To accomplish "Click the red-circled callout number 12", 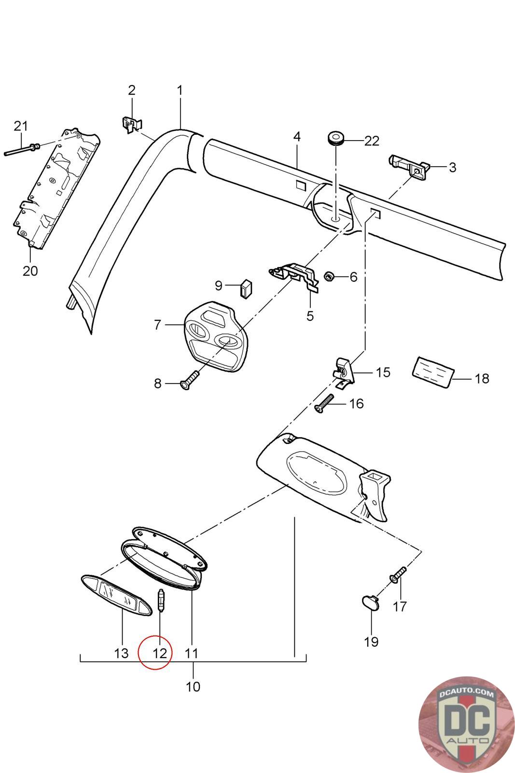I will [x=159, y=654].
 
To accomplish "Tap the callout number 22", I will [x=372, y=141].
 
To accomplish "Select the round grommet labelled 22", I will [x=335, y=138].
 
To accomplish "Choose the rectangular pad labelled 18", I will [x=432, y=371].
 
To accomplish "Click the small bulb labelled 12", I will [x=162, y=601].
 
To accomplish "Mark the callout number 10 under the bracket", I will [x=193, y=686].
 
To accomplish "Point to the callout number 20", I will [x=30, y=271].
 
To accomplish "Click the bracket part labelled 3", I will [x=408, y=165].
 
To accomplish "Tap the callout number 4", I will [x=297, y=136].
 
